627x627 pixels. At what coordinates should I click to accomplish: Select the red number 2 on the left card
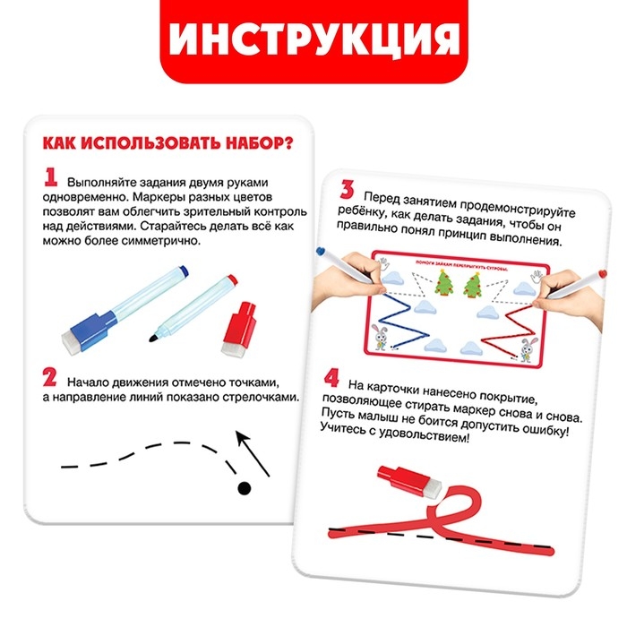click(51, 380)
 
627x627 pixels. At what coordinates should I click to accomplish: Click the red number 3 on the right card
click(347, 192)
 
